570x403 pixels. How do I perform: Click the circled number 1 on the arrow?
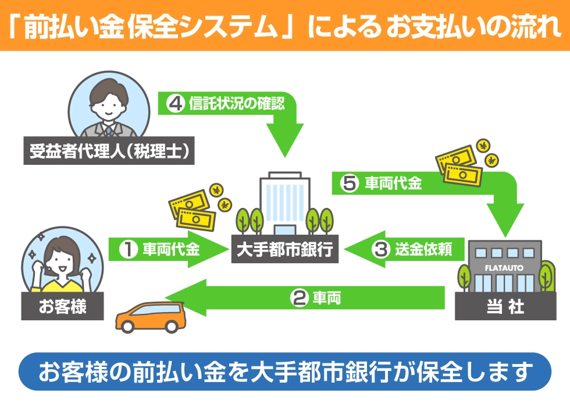tap(128, 249)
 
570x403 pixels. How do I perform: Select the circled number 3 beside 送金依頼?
tap(380, 249)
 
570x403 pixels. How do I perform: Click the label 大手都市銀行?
tap(285, 249)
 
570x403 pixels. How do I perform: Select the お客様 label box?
tap(63, 306)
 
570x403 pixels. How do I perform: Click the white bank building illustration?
tap(285, 201)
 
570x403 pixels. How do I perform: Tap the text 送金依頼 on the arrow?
tap(424, 249)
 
